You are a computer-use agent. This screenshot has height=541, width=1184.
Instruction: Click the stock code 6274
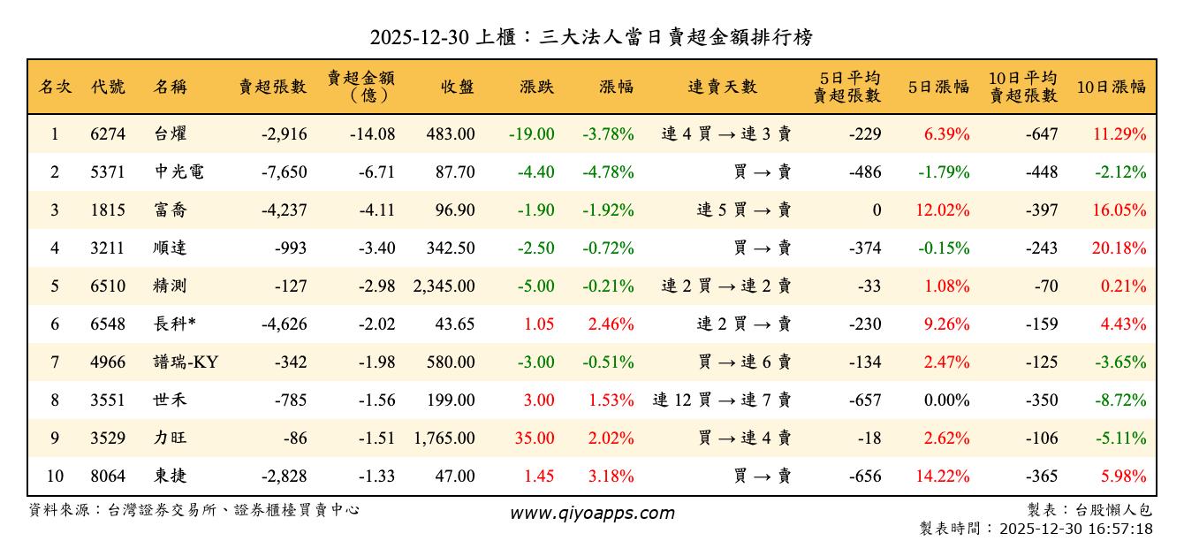point(108,134)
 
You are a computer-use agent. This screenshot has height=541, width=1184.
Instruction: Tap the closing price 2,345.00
point(444,286)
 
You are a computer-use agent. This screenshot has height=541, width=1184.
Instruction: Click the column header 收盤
point(457,87)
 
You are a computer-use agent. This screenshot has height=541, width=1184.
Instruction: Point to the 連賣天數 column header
point(722,87)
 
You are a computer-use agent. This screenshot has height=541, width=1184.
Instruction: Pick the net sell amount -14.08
point(371,134)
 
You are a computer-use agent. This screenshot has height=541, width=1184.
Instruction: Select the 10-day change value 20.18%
point(1119,248)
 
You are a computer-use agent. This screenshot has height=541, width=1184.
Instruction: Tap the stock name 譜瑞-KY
point(186,362)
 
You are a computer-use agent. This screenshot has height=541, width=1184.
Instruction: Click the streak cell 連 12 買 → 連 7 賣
point(722,400)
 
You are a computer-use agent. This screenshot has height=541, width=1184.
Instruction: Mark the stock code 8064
point(108,476)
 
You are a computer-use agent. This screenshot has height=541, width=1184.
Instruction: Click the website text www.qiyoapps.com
point(592,513)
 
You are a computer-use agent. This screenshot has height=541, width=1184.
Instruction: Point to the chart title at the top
point(591,37)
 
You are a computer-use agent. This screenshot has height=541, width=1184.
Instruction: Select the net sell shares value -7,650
point(285,172)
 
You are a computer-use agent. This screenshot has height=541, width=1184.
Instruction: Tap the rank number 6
point(55,324)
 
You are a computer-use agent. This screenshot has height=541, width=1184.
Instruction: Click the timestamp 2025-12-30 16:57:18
point(1075,529)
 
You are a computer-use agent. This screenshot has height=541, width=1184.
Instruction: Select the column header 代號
point(108,87)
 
